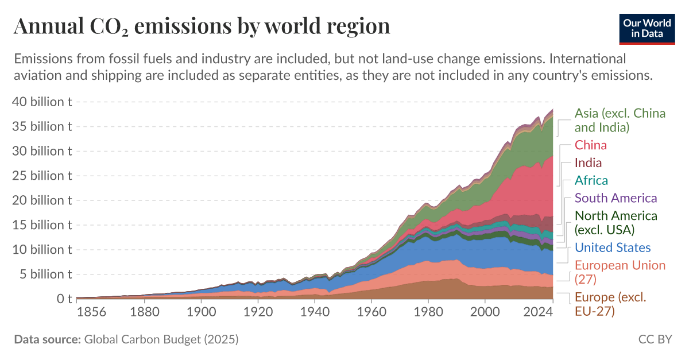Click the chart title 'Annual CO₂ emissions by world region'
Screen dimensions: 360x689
pyautogui.click(x=202, y=26)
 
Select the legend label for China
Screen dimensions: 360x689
pyautogui.click(x=590, y=145)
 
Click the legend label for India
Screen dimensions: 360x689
pyautogui.click(x=588, y=163)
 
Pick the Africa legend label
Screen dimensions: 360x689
pyautogui.click(x=591, y=180)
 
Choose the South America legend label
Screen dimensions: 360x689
pyautogui.click(x=616, y=198)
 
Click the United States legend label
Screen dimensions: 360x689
pyautogui.click(x=613, y=247)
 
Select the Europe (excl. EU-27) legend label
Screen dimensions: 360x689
pyautogui.click(x=610, y=304)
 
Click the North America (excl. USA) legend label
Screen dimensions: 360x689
pyautogui.click(x=616, y=223)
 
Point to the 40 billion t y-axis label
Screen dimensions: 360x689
pyautogui.click(x=42, y=102)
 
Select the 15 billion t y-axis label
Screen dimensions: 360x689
pyautogui.click(x=42, y=225)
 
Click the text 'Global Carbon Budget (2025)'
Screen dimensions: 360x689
pyautogui.click(x=161, y=339)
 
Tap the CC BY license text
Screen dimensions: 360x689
pyautogui.click(x=655, y=339)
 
